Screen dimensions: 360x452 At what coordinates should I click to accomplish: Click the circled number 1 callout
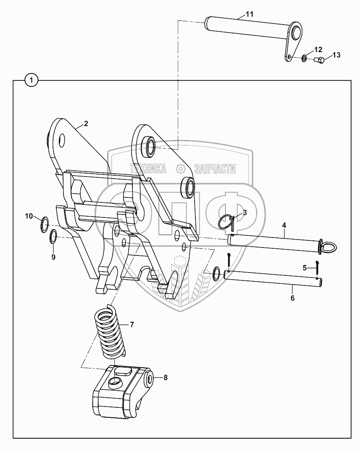[x=32, y=79]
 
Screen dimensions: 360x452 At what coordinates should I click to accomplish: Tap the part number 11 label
[x=249, y=14]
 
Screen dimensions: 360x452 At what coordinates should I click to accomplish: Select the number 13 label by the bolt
[x=336, y=55]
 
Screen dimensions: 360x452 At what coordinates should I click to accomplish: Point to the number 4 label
[x=284, y=225]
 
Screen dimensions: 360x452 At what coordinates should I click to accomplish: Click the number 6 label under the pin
[x=292, y=298]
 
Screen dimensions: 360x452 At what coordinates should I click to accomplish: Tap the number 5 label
[x=304, y=267]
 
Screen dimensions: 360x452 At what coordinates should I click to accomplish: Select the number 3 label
[x=245, y=212]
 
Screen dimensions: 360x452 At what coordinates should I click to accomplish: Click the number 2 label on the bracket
[x=86, y=124]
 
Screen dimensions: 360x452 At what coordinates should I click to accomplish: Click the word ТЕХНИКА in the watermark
[x=148, y=169]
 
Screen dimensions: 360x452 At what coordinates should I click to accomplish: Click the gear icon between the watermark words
[x=181, y=169]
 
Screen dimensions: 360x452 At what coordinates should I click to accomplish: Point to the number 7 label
[x=132, y=324]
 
